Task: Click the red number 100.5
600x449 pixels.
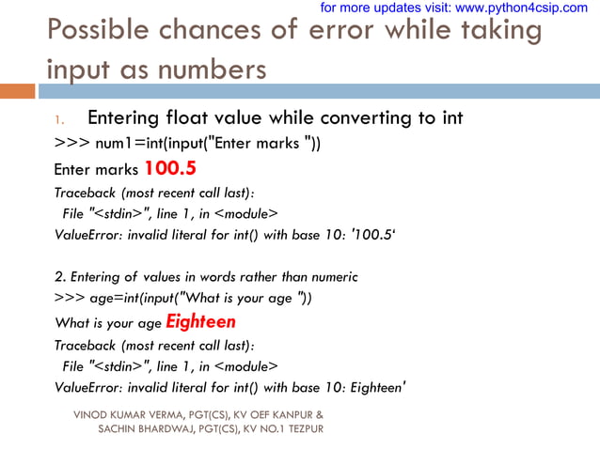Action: (x=170, y=169)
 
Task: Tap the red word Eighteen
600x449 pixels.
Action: (x=200, y=322)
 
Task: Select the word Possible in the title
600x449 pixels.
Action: (x=101, y=31)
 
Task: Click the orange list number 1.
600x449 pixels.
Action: (x=57, y=120)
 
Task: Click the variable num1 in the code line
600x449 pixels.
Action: (x=114, y=145)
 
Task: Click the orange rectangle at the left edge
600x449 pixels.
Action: (x=17, y=91)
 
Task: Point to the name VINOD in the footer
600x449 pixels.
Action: (x=91, y=414)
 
